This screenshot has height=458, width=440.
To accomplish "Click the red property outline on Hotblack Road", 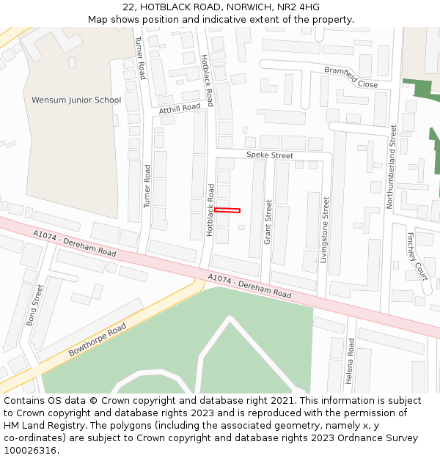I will pos(227,210).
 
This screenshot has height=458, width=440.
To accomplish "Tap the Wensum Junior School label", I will pos(76,100).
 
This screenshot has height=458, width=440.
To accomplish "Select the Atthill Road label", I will pos(180,108).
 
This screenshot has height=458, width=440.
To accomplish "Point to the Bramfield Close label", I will pos(351,77).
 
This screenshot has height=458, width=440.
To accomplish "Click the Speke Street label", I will pos(269,155).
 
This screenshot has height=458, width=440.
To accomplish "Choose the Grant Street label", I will pos(268,221).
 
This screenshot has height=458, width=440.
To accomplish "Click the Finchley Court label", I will pos(417,256).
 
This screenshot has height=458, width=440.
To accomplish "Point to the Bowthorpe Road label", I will pos(98,339).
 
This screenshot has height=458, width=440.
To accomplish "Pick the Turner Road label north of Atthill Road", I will pos(140,59).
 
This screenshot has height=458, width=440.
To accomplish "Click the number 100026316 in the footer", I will pos(32,451).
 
